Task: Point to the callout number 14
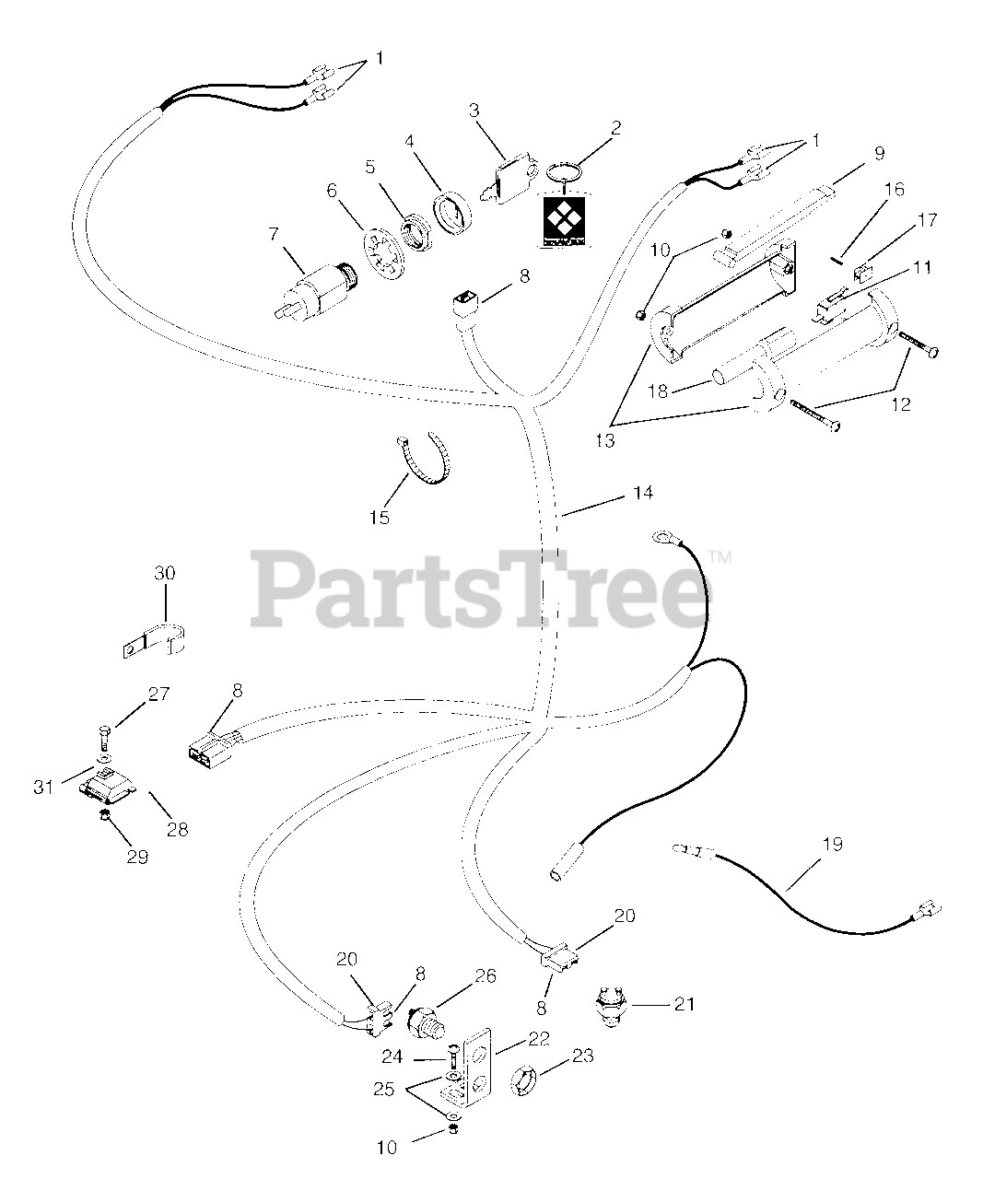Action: point(642,494)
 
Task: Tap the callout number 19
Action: point(832,844)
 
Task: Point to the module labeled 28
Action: point(107,784)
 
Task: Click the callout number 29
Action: point(137,856)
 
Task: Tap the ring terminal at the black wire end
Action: point(663,534)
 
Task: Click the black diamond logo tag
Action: point(562,222)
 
